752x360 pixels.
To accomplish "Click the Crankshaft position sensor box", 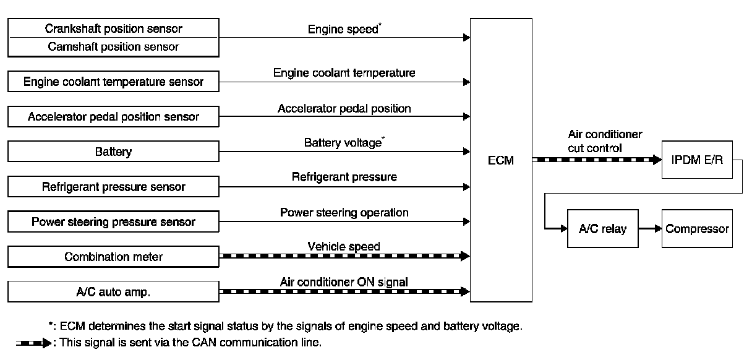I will point(114,28).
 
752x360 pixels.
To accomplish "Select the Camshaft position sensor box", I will point(114,47).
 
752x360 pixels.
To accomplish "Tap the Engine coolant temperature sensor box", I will point(114,81).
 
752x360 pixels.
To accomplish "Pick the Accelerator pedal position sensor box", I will point(114,116).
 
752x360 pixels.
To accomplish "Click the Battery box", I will point(114,152).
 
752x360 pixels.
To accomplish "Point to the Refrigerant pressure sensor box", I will point(114,186).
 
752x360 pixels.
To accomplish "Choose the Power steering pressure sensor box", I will point(114,221).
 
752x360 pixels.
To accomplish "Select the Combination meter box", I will point(114,257).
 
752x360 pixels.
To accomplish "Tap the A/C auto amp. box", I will point(114,292).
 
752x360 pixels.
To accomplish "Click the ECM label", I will point(501,161).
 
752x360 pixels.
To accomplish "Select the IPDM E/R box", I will point(696,160).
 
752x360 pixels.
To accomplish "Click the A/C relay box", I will point(602,229).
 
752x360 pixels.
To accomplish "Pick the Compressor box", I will point(697,229).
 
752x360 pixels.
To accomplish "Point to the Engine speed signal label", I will point(343,29).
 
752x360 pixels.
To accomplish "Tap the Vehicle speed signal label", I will point(344,247).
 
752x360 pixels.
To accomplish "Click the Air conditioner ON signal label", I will point(344,282).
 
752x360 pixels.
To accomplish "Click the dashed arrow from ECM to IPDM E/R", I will point(596,160).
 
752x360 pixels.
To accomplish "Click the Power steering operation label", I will point(344,212).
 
